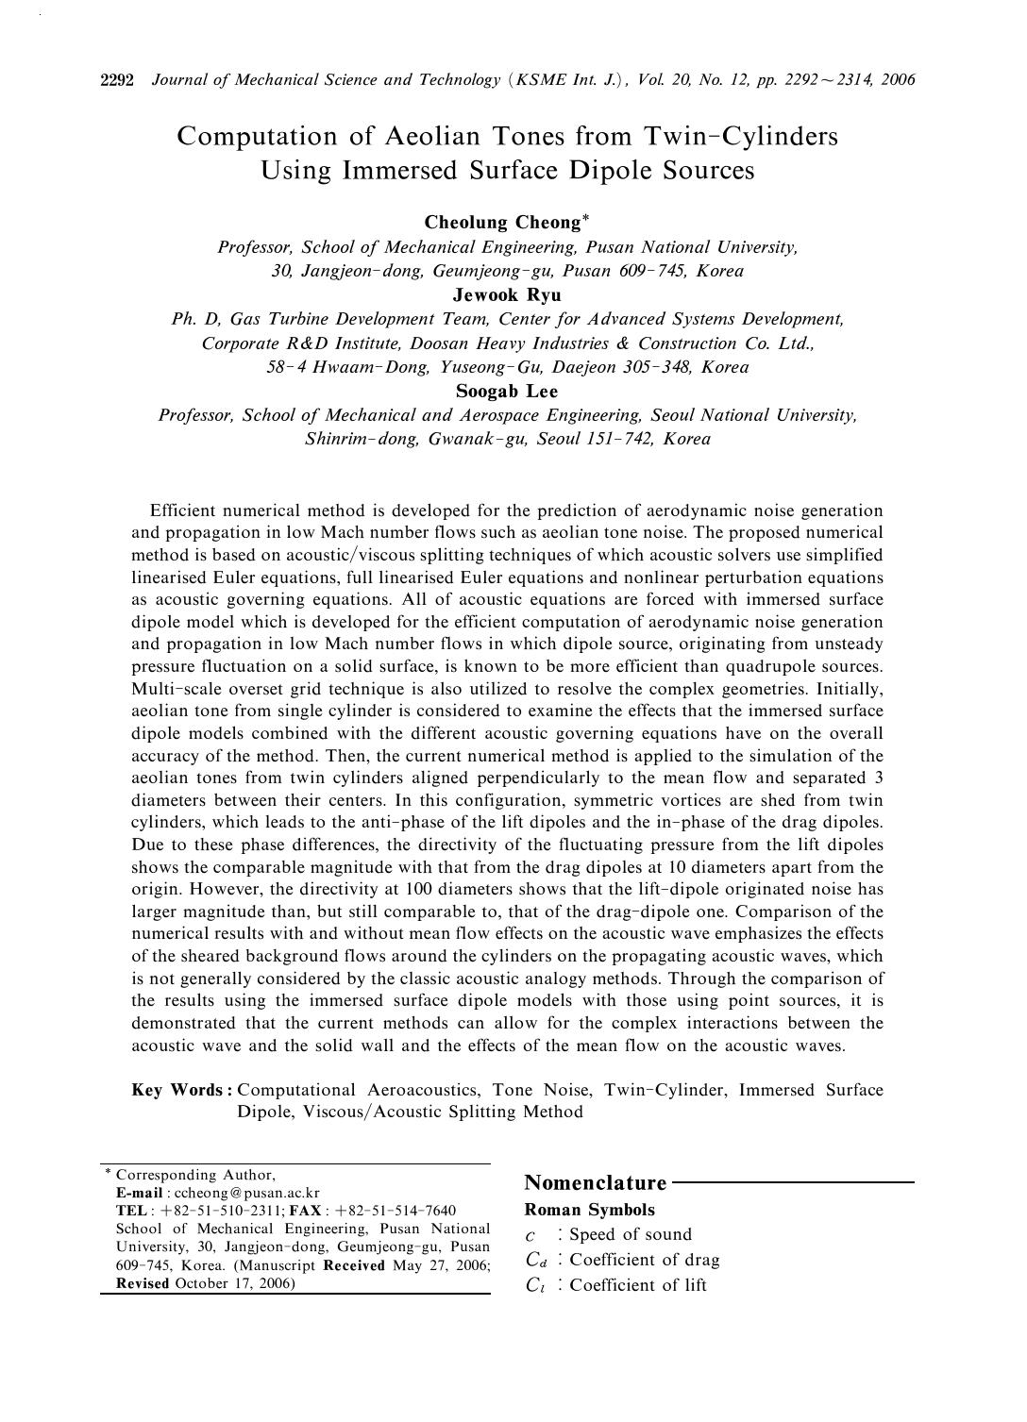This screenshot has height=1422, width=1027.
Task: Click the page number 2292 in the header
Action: click(119, 80)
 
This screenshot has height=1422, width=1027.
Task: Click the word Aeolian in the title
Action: click(432, 137)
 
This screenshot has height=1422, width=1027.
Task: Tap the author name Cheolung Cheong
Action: click(501, 223)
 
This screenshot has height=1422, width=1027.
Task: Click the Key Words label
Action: click(181, 1090)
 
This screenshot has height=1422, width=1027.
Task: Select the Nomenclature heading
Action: click(595, 1182)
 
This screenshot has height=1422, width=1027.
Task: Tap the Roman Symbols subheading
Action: click(589, 1210)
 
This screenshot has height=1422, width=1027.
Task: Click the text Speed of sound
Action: click(631, 1234)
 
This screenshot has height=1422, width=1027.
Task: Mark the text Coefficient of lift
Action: click(638, 1285)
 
